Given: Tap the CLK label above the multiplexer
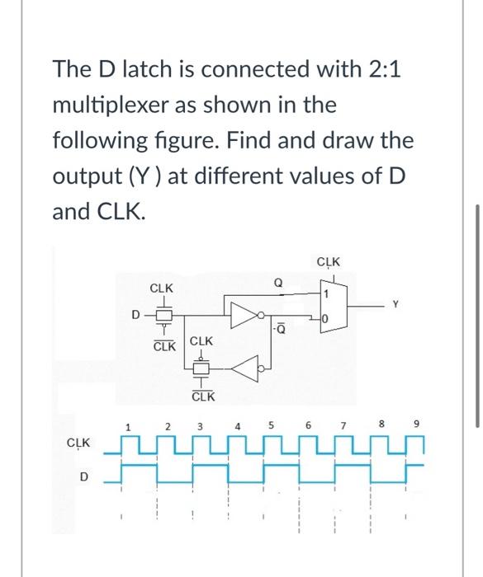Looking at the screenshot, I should [328, 263].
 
